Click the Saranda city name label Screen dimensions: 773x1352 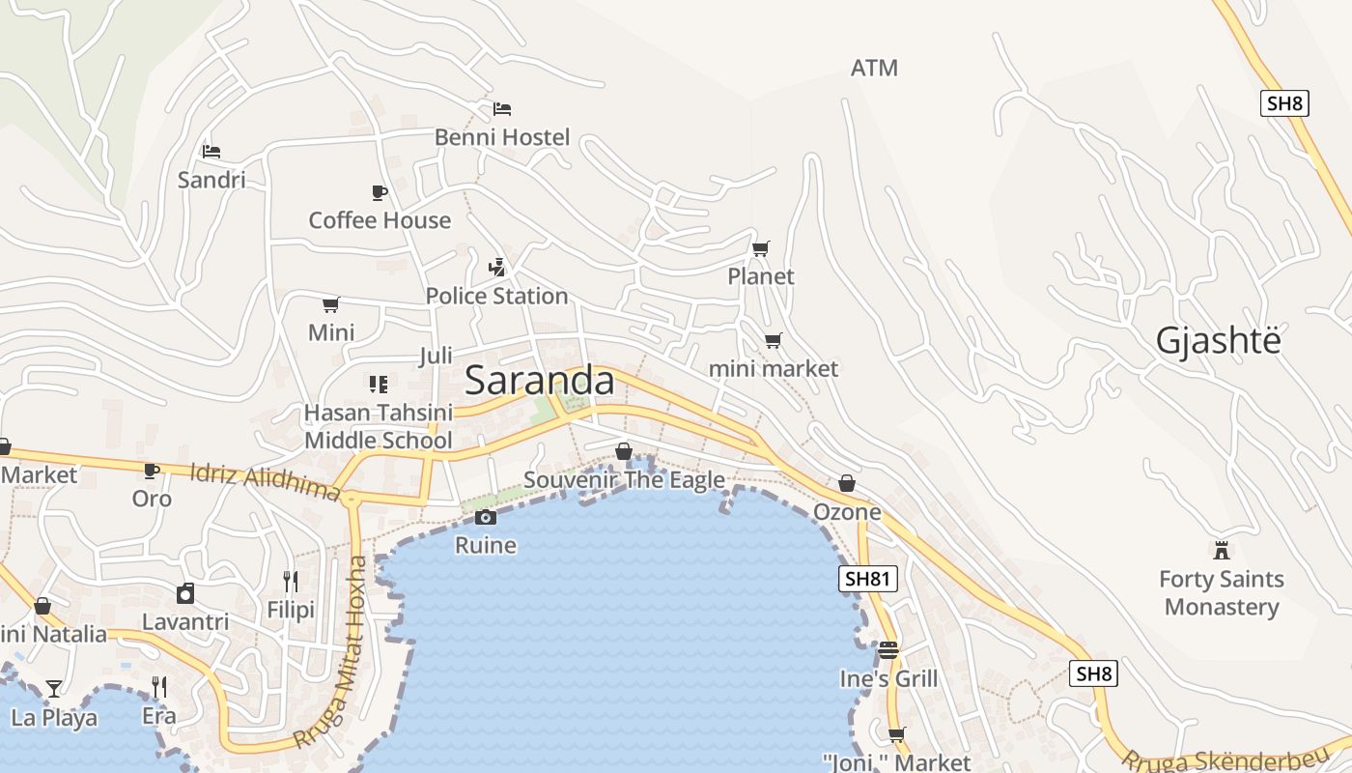[x=539, y=381]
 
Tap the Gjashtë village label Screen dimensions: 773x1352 [x=1219, y=341]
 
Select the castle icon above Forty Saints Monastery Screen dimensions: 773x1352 [x=1222, y=551]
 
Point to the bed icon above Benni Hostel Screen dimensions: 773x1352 [x=502, y=108]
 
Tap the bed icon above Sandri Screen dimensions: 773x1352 [x=211, y=151]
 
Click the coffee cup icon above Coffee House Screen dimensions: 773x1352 [x=380, y=192]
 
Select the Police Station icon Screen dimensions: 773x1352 [x=497, y=267]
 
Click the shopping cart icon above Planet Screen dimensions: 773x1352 [x=761, y=248]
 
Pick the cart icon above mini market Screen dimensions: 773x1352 [x=773, y=340]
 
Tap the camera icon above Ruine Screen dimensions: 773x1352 [x=486, y=518]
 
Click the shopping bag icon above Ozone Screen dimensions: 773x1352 [x=847, y=483]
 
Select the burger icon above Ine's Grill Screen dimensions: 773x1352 [x=888, y=650]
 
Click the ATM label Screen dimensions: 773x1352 [x=874, y=68]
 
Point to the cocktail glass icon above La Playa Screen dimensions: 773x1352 [x=54, y=689]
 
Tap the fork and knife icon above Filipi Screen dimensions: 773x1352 [x=290, y=581]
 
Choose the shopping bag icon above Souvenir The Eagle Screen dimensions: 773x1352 [x=624, y=451]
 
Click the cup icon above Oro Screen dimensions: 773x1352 [x=152, y=471]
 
